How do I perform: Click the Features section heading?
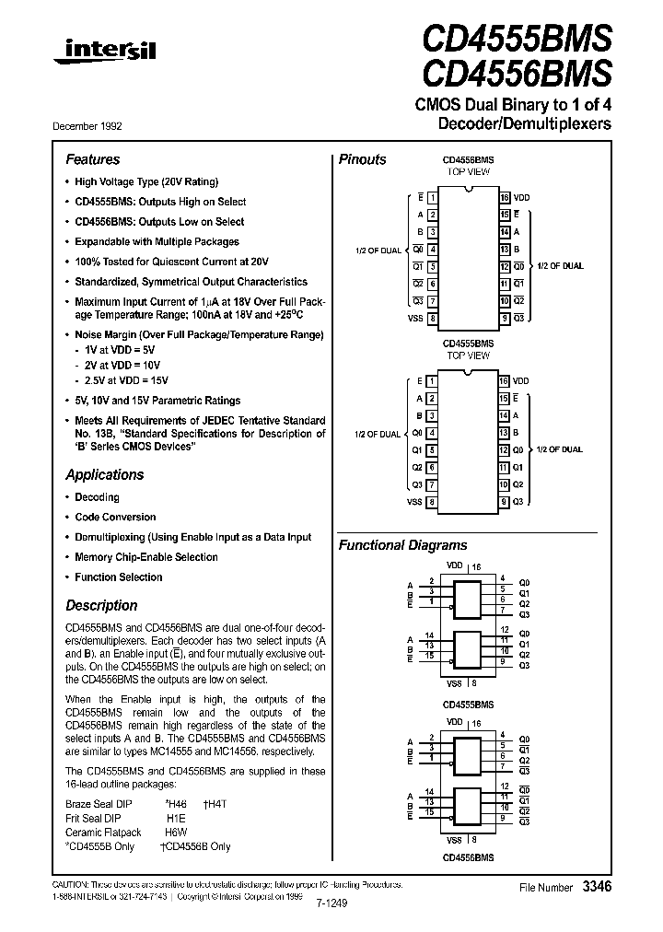click(x=92, y=159)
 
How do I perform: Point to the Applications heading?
click(x=104, y=475)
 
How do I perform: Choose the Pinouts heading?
click(x=363, y=159)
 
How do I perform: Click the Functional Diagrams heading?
click(x=402, y=545)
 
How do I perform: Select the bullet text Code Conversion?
click(x=115, y=518)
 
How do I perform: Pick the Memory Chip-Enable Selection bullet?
click(x=145, y=557)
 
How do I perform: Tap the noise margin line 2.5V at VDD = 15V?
click(x=126, y=380)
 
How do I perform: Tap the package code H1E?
click(x=176, y=818)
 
